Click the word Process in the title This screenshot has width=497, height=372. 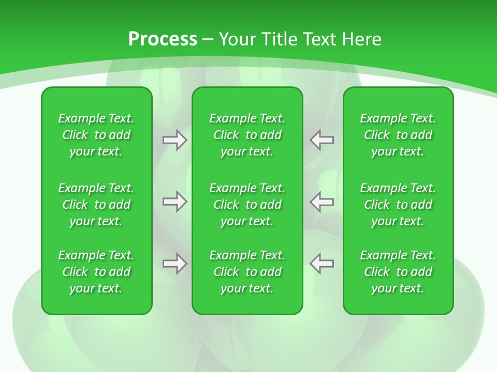click(163, 39)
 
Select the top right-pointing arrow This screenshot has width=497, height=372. click(174, 140)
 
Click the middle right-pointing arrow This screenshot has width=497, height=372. click(174, 202)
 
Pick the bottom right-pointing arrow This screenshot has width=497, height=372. click(174, 263)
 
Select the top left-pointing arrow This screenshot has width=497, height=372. click(322, 140)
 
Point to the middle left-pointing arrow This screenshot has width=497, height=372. click(322, 202)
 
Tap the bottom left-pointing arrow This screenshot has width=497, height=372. click(322, 263)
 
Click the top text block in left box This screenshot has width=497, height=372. click(96, 135)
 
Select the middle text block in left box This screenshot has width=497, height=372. click(96, 205)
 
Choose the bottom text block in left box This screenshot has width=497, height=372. click(96, 272)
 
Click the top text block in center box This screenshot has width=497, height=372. click(247, 135)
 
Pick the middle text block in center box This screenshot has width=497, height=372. click(247, 205)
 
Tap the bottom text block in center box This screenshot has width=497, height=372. click(247, 272)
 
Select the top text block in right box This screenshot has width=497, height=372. click(398, 135)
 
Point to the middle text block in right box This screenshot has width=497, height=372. click(398, 205)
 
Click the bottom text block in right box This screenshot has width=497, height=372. click(398, 272)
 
